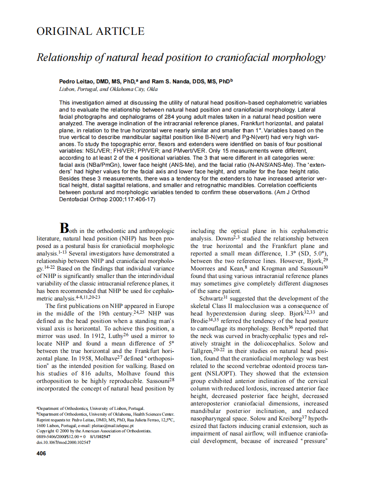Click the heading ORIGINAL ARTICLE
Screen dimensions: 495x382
[90, 31]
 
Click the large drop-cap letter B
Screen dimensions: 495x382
[64, 228]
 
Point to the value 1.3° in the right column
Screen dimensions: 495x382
[289, 254]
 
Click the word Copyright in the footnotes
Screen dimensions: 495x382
[45, 431]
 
